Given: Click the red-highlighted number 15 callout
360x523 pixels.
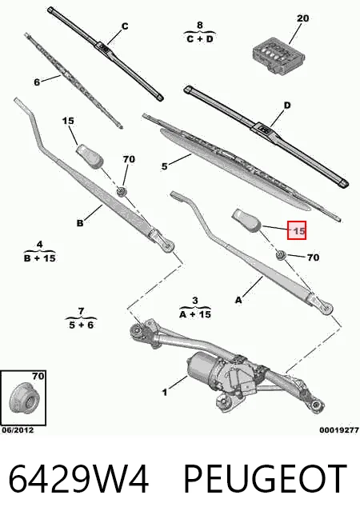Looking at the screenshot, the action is [x=297, y=230].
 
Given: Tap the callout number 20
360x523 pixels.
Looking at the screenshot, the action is [x=302, y=18].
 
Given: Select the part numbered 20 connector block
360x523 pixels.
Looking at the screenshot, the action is [x=278, y=56].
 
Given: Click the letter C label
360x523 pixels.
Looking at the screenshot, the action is [x=125, y=26].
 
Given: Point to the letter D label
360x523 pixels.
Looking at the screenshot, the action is [x=287, y=106].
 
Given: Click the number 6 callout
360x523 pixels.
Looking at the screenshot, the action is [x=37, y=82].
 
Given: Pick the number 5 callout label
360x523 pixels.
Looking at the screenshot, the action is [x=165, y=166].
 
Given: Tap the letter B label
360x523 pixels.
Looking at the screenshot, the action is [x=80, y=223].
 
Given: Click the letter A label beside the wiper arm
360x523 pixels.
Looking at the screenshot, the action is [x=238, y=300].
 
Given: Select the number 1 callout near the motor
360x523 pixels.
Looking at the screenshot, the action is [x=165, y=393].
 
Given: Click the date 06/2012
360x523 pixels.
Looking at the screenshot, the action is [x=18, y=430].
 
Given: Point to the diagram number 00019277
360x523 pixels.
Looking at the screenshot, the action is [x=339, y=430].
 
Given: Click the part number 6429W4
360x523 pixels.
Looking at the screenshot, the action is [x=78, y=479].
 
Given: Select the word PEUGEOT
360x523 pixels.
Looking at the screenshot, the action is [x=266, y=479].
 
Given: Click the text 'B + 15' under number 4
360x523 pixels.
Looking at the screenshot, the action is [x=40, y=258].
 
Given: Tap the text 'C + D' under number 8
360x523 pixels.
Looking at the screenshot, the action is [x=200, y=39].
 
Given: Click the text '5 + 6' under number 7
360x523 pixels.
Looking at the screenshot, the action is [x=81, y=325].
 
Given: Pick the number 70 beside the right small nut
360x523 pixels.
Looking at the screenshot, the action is [x=313, y=258].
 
